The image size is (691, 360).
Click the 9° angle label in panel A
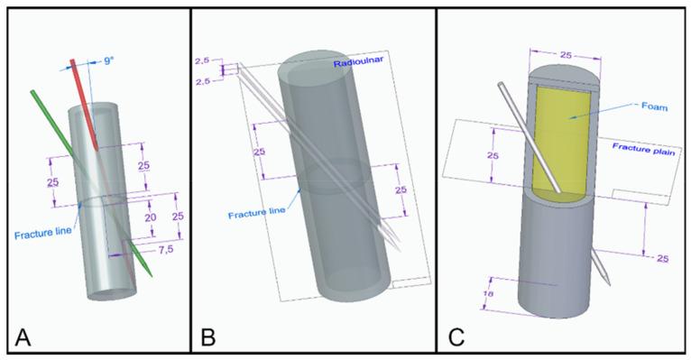pos(108,61)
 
